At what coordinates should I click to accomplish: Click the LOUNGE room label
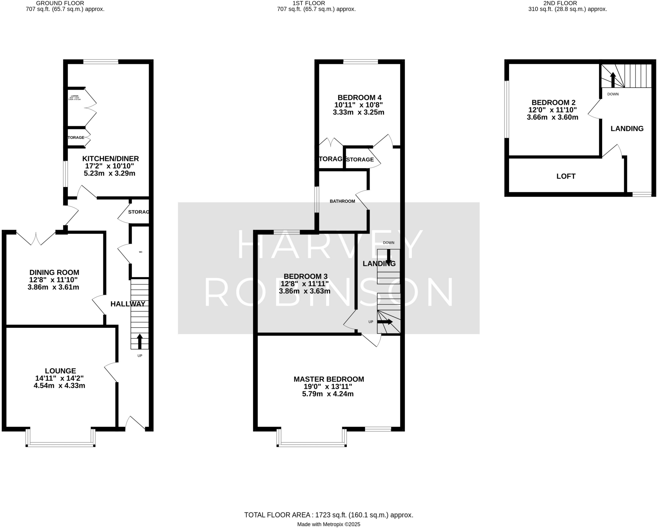(60, 371)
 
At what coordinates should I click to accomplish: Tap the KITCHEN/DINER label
(110, 158)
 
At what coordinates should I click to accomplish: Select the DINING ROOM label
(54, 273)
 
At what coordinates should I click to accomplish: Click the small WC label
(141, 252)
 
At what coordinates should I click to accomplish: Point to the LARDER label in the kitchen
(74, 96)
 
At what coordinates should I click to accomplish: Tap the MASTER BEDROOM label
(328, 379)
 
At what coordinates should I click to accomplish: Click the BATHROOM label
(342, 201)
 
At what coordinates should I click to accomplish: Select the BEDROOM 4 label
(359, 98)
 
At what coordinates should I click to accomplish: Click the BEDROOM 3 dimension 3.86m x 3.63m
(304, 291)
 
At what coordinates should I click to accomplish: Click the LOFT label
(566, 176)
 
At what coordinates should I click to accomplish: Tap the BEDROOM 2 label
(553, 103)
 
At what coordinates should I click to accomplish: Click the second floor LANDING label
(627, 129)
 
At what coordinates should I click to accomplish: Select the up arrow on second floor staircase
(612, 80)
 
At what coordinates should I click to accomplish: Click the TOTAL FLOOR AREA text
(328, 515)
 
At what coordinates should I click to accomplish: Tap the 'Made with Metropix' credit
(328, 524)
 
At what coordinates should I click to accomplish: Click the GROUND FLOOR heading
(60, 3)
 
